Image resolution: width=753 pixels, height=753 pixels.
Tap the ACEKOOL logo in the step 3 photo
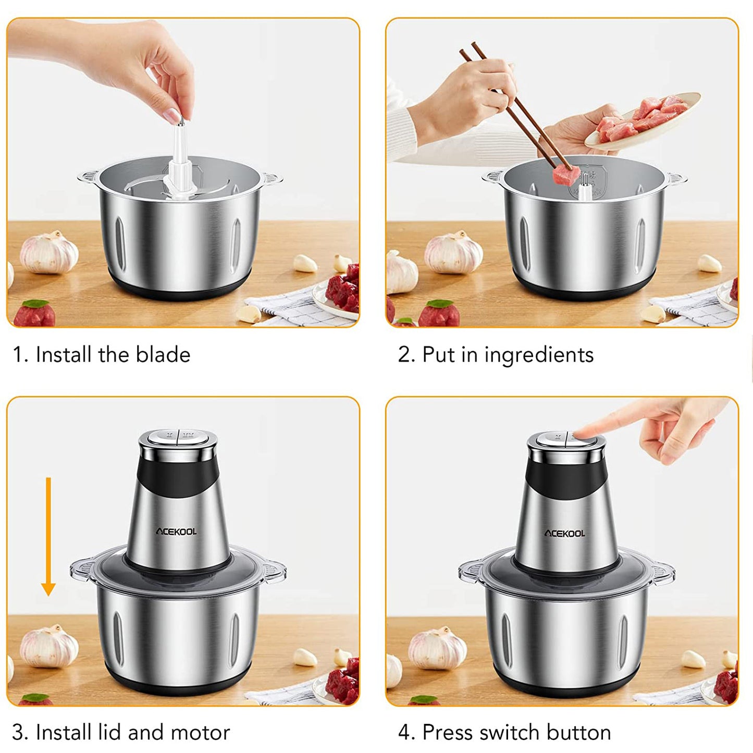coord(176,532)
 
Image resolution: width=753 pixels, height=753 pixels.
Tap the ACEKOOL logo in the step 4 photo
coord(565,534)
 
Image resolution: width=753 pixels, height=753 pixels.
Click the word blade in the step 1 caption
coord(163,354)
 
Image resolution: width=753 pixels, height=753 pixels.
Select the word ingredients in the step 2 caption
coord(539,355)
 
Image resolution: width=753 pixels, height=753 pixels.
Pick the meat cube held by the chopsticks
coord(563,175)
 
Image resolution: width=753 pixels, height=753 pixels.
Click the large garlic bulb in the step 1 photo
coord(49,252)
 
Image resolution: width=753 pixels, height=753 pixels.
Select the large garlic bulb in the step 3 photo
coord(49,646)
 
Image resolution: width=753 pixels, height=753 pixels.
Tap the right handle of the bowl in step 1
coord(271,179)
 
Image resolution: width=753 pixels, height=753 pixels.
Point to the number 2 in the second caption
coord(403,354)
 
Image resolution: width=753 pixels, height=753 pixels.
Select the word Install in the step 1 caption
coord(64,354)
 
